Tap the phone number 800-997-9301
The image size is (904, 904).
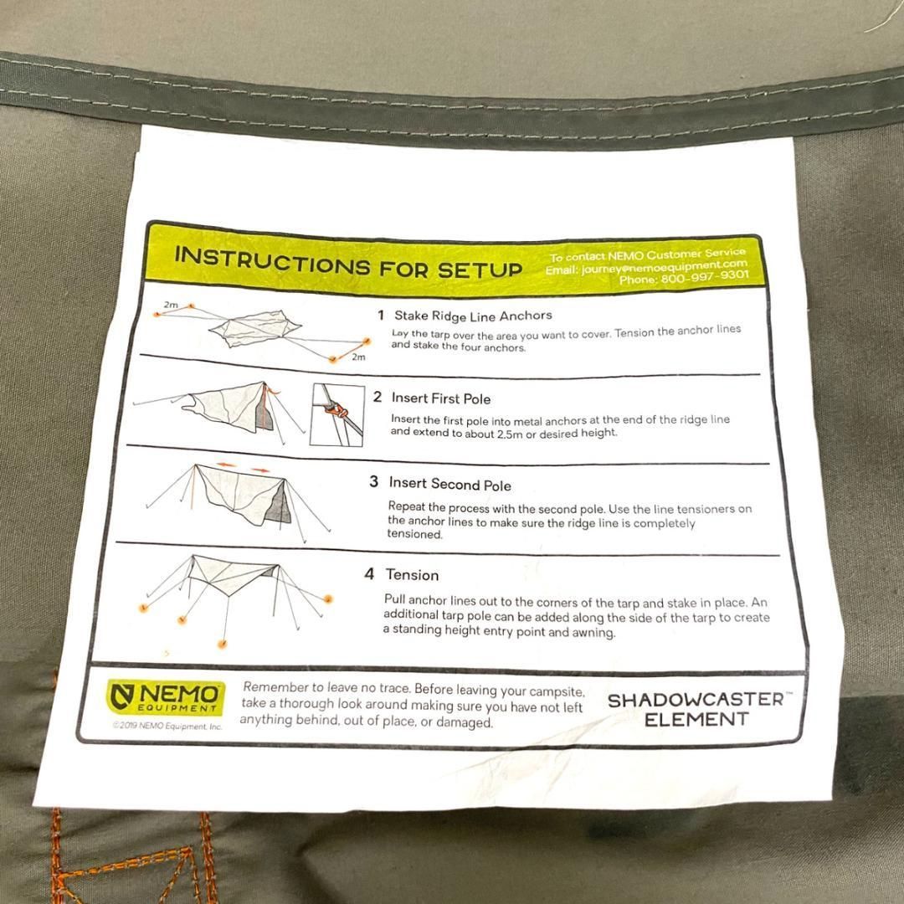705,277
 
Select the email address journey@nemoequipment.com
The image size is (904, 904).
664,266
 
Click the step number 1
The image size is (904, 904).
381,316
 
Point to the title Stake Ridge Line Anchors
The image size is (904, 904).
473,316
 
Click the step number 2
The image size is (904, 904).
377,398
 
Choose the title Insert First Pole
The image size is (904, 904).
441,398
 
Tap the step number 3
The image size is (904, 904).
373,481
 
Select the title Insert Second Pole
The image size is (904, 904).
449,484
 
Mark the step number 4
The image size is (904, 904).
369,573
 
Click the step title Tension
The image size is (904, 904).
412,575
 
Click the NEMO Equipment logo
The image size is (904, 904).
166,696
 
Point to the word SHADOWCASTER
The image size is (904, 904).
696,700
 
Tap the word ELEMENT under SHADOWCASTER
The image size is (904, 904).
696,720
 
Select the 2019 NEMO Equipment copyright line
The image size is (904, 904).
167,726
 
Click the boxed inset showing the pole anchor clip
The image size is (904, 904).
337,414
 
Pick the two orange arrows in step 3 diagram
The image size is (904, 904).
244,467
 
